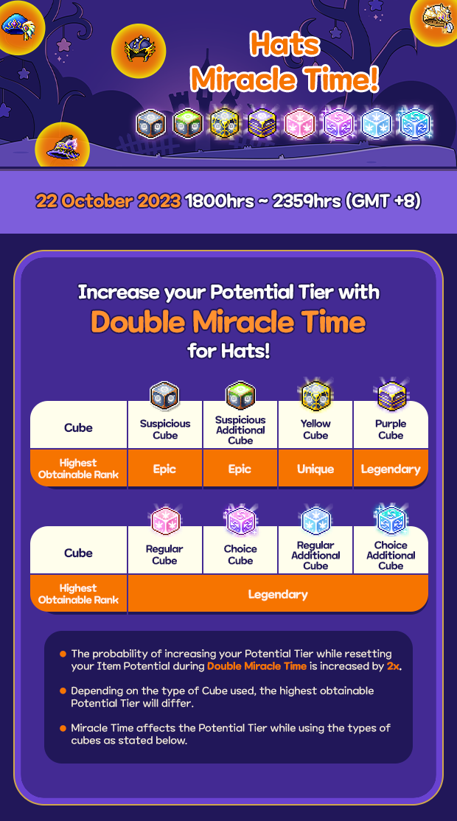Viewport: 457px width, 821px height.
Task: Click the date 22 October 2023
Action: point(108,201)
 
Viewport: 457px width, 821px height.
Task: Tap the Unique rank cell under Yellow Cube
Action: point(315,469)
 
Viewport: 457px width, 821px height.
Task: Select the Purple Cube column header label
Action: point(391,430)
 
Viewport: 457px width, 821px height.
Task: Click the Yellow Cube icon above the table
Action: point(315,396)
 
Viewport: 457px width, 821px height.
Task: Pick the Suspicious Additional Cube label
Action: point(240,430)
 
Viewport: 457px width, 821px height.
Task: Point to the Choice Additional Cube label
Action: point(391,555)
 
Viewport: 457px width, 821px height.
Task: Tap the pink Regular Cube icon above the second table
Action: point(165,521)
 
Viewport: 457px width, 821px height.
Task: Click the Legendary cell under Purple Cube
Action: point(391,469)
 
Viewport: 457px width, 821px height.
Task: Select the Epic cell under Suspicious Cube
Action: point(164,469)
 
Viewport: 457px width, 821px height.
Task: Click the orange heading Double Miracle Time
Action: point(228,321)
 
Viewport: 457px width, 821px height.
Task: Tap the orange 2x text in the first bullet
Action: point(393,666)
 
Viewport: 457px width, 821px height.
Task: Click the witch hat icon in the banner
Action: point(63,147)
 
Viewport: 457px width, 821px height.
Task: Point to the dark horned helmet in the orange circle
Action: point(139,50)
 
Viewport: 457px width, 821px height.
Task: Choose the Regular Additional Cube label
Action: point(315,555)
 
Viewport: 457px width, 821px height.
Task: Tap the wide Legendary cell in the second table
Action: point(278,594)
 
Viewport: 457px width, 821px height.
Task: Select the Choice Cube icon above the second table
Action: point(240,520)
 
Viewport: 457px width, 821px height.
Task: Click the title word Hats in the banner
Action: point(285,44)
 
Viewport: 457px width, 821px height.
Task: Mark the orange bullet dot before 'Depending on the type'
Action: point(63,691)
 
